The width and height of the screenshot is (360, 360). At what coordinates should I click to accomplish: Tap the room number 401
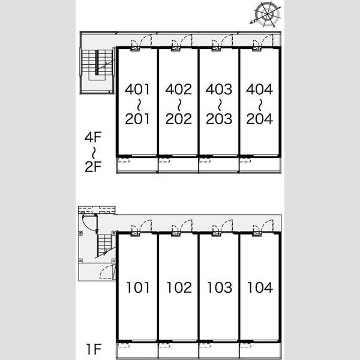(137, 89)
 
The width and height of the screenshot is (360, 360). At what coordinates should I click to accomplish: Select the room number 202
(178, 119)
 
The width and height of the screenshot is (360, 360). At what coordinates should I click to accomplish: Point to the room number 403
(219, 89)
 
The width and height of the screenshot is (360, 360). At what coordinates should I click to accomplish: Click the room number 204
(259, 119)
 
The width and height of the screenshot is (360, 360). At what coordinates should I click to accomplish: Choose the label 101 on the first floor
(138, 287)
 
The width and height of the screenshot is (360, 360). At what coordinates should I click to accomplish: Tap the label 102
(179, 287)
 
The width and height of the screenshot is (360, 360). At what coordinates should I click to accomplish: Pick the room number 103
(220, 287)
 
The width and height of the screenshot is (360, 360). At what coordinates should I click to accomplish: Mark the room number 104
(260, 287)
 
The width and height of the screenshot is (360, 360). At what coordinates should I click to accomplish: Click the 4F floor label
(93, 137)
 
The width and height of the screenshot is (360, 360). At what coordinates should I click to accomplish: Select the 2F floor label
(93, 166)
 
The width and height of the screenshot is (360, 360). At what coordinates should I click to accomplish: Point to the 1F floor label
(94, 349)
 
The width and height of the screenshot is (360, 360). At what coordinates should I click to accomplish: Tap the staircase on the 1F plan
(104, 245)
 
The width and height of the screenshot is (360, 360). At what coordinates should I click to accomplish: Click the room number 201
(137, 119)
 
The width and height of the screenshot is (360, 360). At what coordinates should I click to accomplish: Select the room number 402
(178, 89)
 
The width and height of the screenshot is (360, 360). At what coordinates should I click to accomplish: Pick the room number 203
(219, 119)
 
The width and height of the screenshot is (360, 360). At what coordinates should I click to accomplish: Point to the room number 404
(259, 89)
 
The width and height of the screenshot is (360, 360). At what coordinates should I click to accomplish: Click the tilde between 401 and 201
(139, 104)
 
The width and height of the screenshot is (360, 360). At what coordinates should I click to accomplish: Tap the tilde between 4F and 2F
(93, 152)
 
